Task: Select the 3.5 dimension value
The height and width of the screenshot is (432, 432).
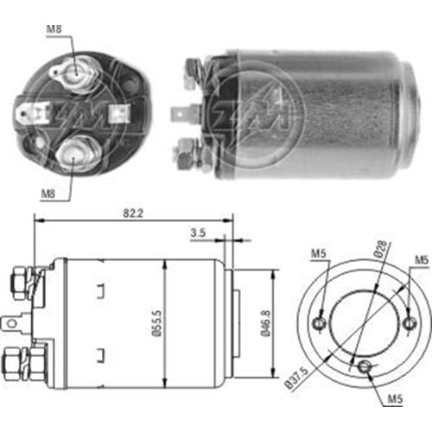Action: pos(199,232)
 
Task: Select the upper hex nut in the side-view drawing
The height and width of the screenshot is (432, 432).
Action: pos(16,283)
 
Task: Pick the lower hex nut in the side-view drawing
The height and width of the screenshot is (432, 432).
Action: pos(16,361)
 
